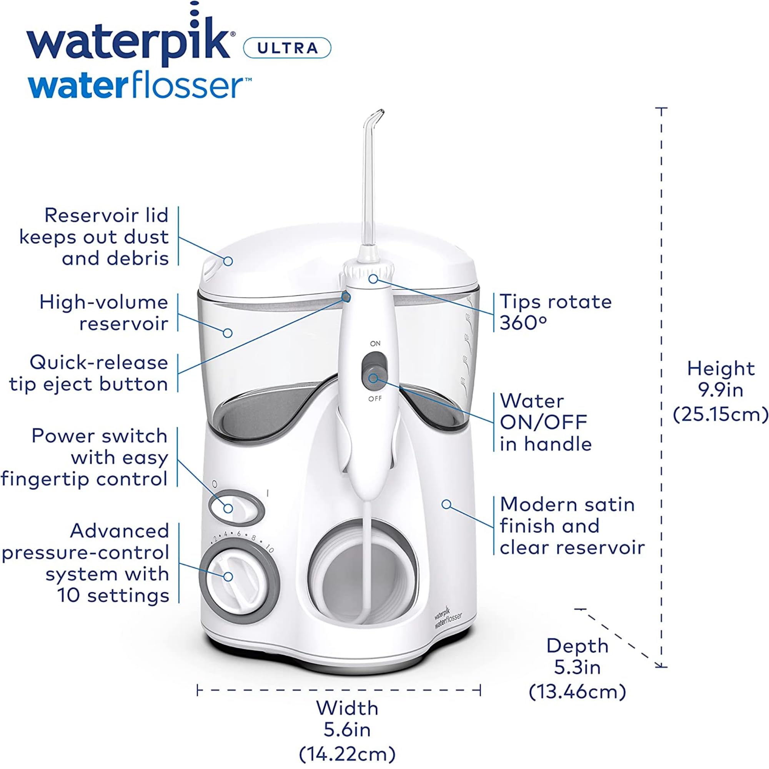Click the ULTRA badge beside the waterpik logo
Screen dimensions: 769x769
tap(287, 48)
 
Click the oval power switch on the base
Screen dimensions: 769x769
tap(236, 508)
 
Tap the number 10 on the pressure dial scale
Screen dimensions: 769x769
tap(270, 549)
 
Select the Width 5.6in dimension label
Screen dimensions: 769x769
tap(347, 731)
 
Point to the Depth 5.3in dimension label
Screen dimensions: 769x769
tap(577, 668)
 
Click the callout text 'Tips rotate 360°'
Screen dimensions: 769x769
tap(555, 312)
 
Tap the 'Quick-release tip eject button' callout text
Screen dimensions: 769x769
tap(89, 373)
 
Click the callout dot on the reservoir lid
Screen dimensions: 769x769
tap(228, 261)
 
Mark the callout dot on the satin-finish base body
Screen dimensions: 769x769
tap(446, 504)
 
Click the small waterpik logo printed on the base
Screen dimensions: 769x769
tap(448, 617)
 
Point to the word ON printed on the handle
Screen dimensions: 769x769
tap(375, 343)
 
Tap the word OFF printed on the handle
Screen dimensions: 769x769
tap(375, 399)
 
